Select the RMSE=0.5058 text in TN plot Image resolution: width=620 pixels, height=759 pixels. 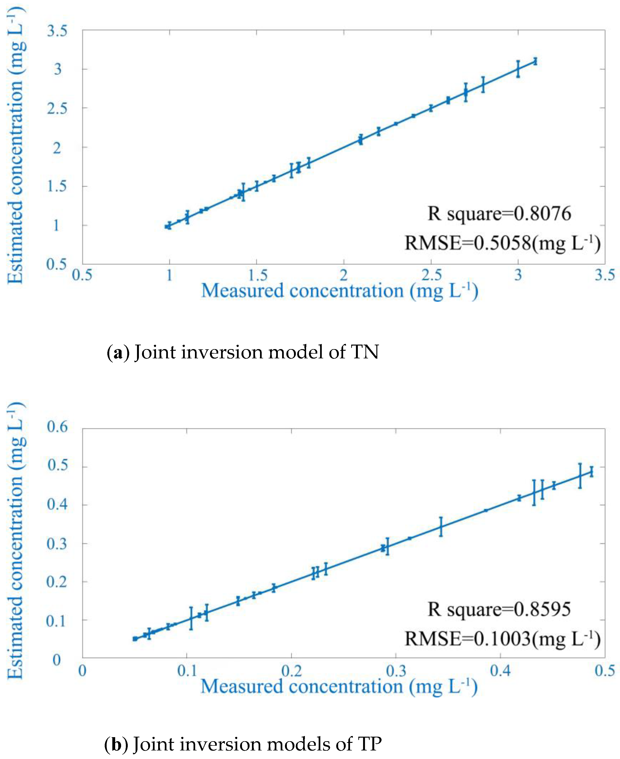coord(502,243)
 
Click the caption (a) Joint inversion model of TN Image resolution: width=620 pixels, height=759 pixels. coord(243,352)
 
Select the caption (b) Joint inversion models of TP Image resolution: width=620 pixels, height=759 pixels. coord(243,744)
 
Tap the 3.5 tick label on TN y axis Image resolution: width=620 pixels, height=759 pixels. coord(57,31)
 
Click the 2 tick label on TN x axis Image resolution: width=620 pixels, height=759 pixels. coord(344,275)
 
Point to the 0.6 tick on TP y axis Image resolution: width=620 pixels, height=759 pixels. coord(57,427)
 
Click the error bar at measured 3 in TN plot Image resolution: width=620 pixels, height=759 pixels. coord(518,69)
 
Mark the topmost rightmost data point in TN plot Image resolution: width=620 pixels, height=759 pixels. coord(535,62)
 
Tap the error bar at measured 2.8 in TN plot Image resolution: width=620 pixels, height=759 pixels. coord(483,85)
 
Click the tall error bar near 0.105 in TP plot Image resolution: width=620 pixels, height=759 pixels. coord(191,618)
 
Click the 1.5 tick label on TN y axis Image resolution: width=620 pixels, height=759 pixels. coord(57,186)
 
